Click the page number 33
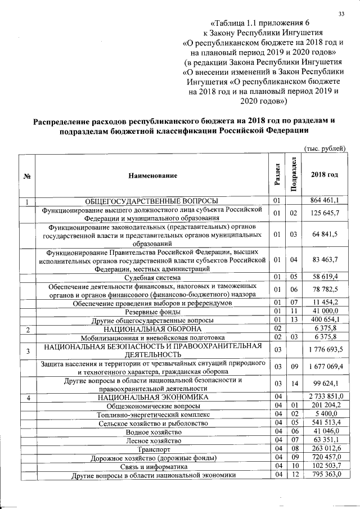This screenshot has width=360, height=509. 341,14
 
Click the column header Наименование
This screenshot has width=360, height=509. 152,175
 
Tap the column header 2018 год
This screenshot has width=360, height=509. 325,175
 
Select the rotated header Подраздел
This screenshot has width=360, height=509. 292,174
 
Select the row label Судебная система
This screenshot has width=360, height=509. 152,276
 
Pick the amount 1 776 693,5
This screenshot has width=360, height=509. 326,350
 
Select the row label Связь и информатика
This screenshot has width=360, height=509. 152,466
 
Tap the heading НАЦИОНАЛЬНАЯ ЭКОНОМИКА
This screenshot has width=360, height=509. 152,398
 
